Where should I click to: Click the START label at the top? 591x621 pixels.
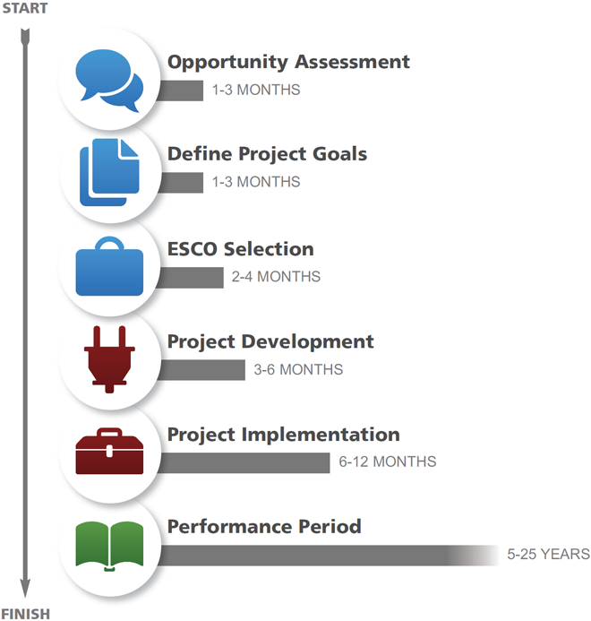tap(25, 8)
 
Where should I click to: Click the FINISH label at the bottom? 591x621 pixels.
tap(26, 614)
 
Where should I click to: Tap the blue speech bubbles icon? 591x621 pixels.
tap(109, 81)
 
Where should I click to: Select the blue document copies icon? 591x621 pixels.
tap(109, 172)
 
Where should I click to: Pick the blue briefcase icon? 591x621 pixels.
tap(109, 266)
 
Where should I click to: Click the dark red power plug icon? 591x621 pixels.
tap(109, 359)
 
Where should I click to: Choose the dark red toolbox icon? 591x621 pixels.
tap(109, 451)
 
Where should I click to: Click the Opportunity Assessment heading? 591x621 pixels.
tap(288, 62)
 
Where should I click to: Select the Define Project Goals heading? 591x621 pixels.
tap(267, 154)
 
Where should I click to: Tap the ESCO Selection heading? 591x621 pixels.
tap(241, 249)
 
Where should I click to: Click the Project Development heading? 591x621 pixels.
tap(270, 341)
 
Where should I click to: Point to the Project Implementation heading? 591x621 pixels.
tap(284, 435)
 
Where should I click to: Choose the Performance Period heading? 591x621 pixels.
tap(264, 527)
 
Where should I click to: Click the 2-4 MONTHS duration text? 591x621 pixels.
tap(276, 276)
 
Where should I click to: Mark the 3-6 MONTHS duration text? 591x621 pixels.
tap(298, 369)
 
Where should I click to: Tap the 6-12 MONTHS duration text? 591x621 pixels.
tap(388, 461)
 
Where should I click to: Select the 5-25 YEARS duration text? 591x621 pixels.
tap(549, 554)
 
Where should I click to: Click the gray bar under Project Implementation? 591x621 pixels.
tap(244, 463)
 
